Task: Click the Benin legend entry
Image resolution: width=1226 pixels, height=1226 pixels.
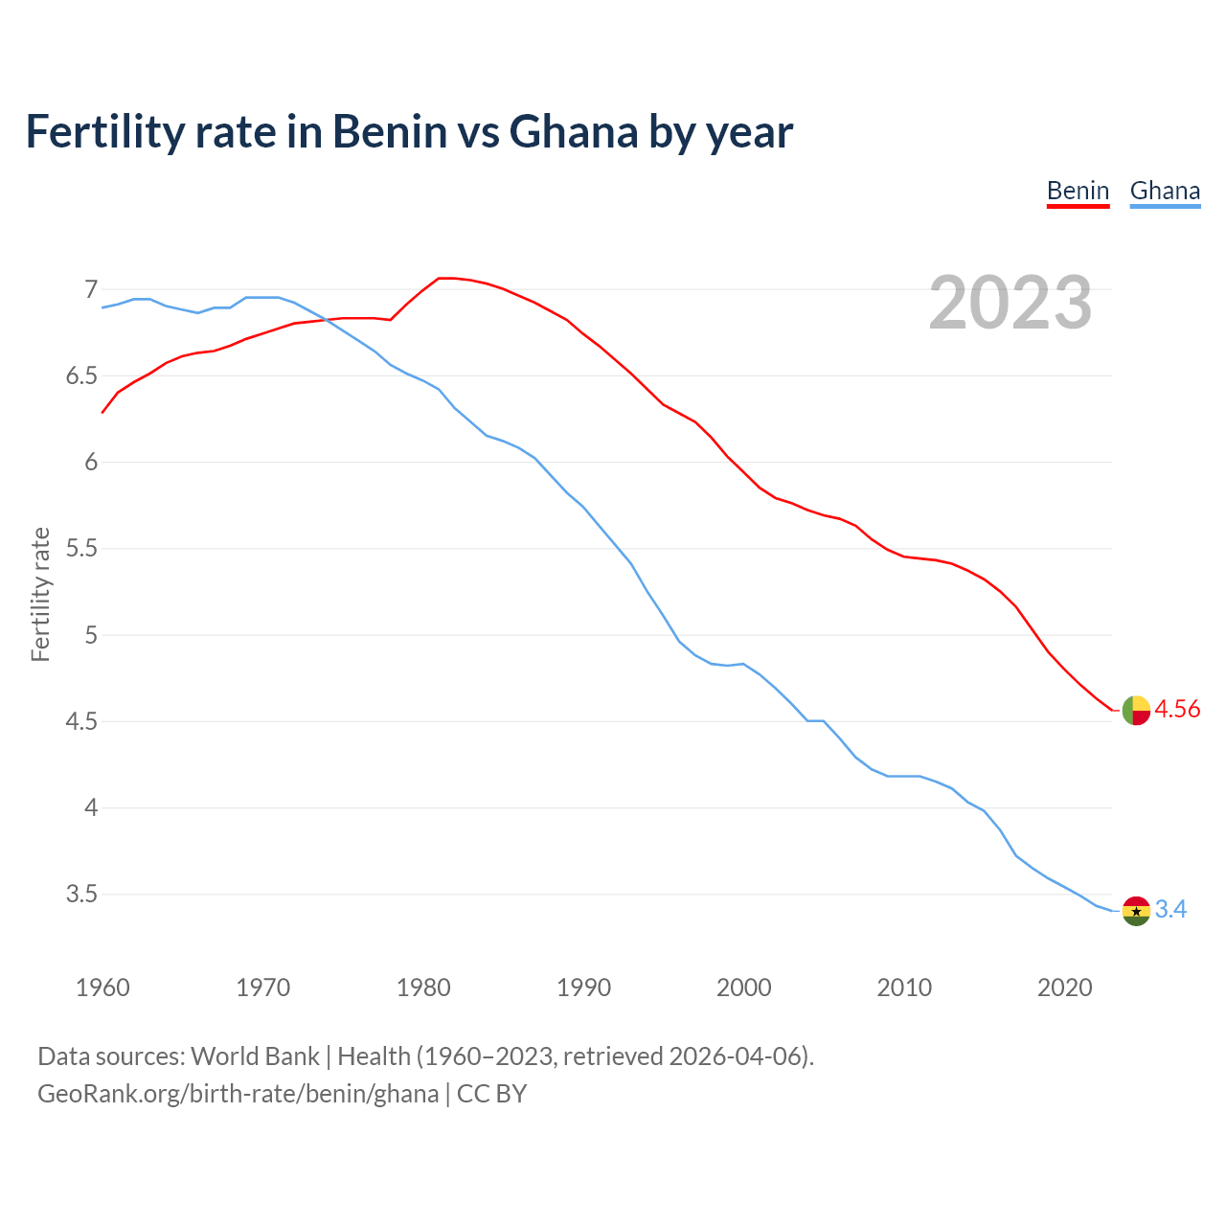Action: (x=1078, y=191)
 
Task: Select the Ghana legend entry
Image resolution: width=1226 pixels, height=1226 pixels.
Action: (x=1165, y=191)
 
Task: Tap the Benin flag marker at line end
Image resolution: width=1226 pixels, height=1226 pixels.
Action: (x=1136, y=711)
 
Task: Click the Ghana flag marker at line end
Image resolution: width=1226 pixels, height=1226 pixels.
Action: (x=1136, y=911)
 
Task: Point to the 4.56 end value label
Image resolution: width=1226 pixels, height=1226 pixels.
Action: (x=1177, y=710)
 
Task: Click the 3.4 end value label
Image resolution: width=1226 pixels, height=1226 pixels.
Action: (x=1170, y=910)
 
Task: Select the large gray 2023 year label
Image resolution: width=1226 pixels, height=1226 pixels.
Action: (x=1010, y=303)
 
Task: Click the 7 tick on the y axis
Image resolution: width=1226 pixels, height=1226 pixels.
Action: (x=91, y=289)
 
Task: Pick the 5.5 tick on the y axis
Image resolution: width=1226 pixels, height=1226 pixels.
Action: (x=81, y=549)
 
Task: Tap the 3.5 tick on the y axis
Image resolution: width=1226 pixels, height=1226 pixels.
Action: (x=81, y=895)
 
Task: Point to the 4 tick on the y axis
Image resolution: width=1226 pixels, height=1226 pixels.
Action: (x=91, y=808)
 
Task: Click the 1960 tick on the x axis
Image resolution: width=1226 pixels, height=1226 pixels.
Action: (x=102, y=988)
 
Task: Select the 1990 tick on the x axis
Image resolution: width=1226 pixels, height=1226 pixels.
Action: (x=583, y=988)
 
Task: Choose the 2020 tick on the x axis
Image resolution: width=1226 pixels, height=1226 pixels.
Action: (x=1064, y=988)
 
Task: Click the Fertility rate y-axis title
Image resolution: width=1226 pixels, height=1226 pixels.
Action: (x=40, y=594)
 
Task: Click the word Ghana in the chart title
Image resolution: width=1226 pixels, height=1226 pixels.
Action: (x=574, y=132)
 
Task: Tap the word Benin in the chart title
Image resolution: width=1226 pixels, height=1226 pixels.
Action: (x=390, y=132)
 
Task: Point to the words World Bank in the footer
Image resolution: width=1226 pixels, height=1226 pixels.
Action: (x=255, y=1056)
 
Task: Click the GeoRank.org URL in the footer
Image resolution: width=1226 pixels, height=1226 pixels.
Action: (x=238, y=1094)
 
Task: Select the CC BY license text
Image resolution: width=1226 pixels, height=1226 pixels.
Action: (x=491, y=1094)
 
